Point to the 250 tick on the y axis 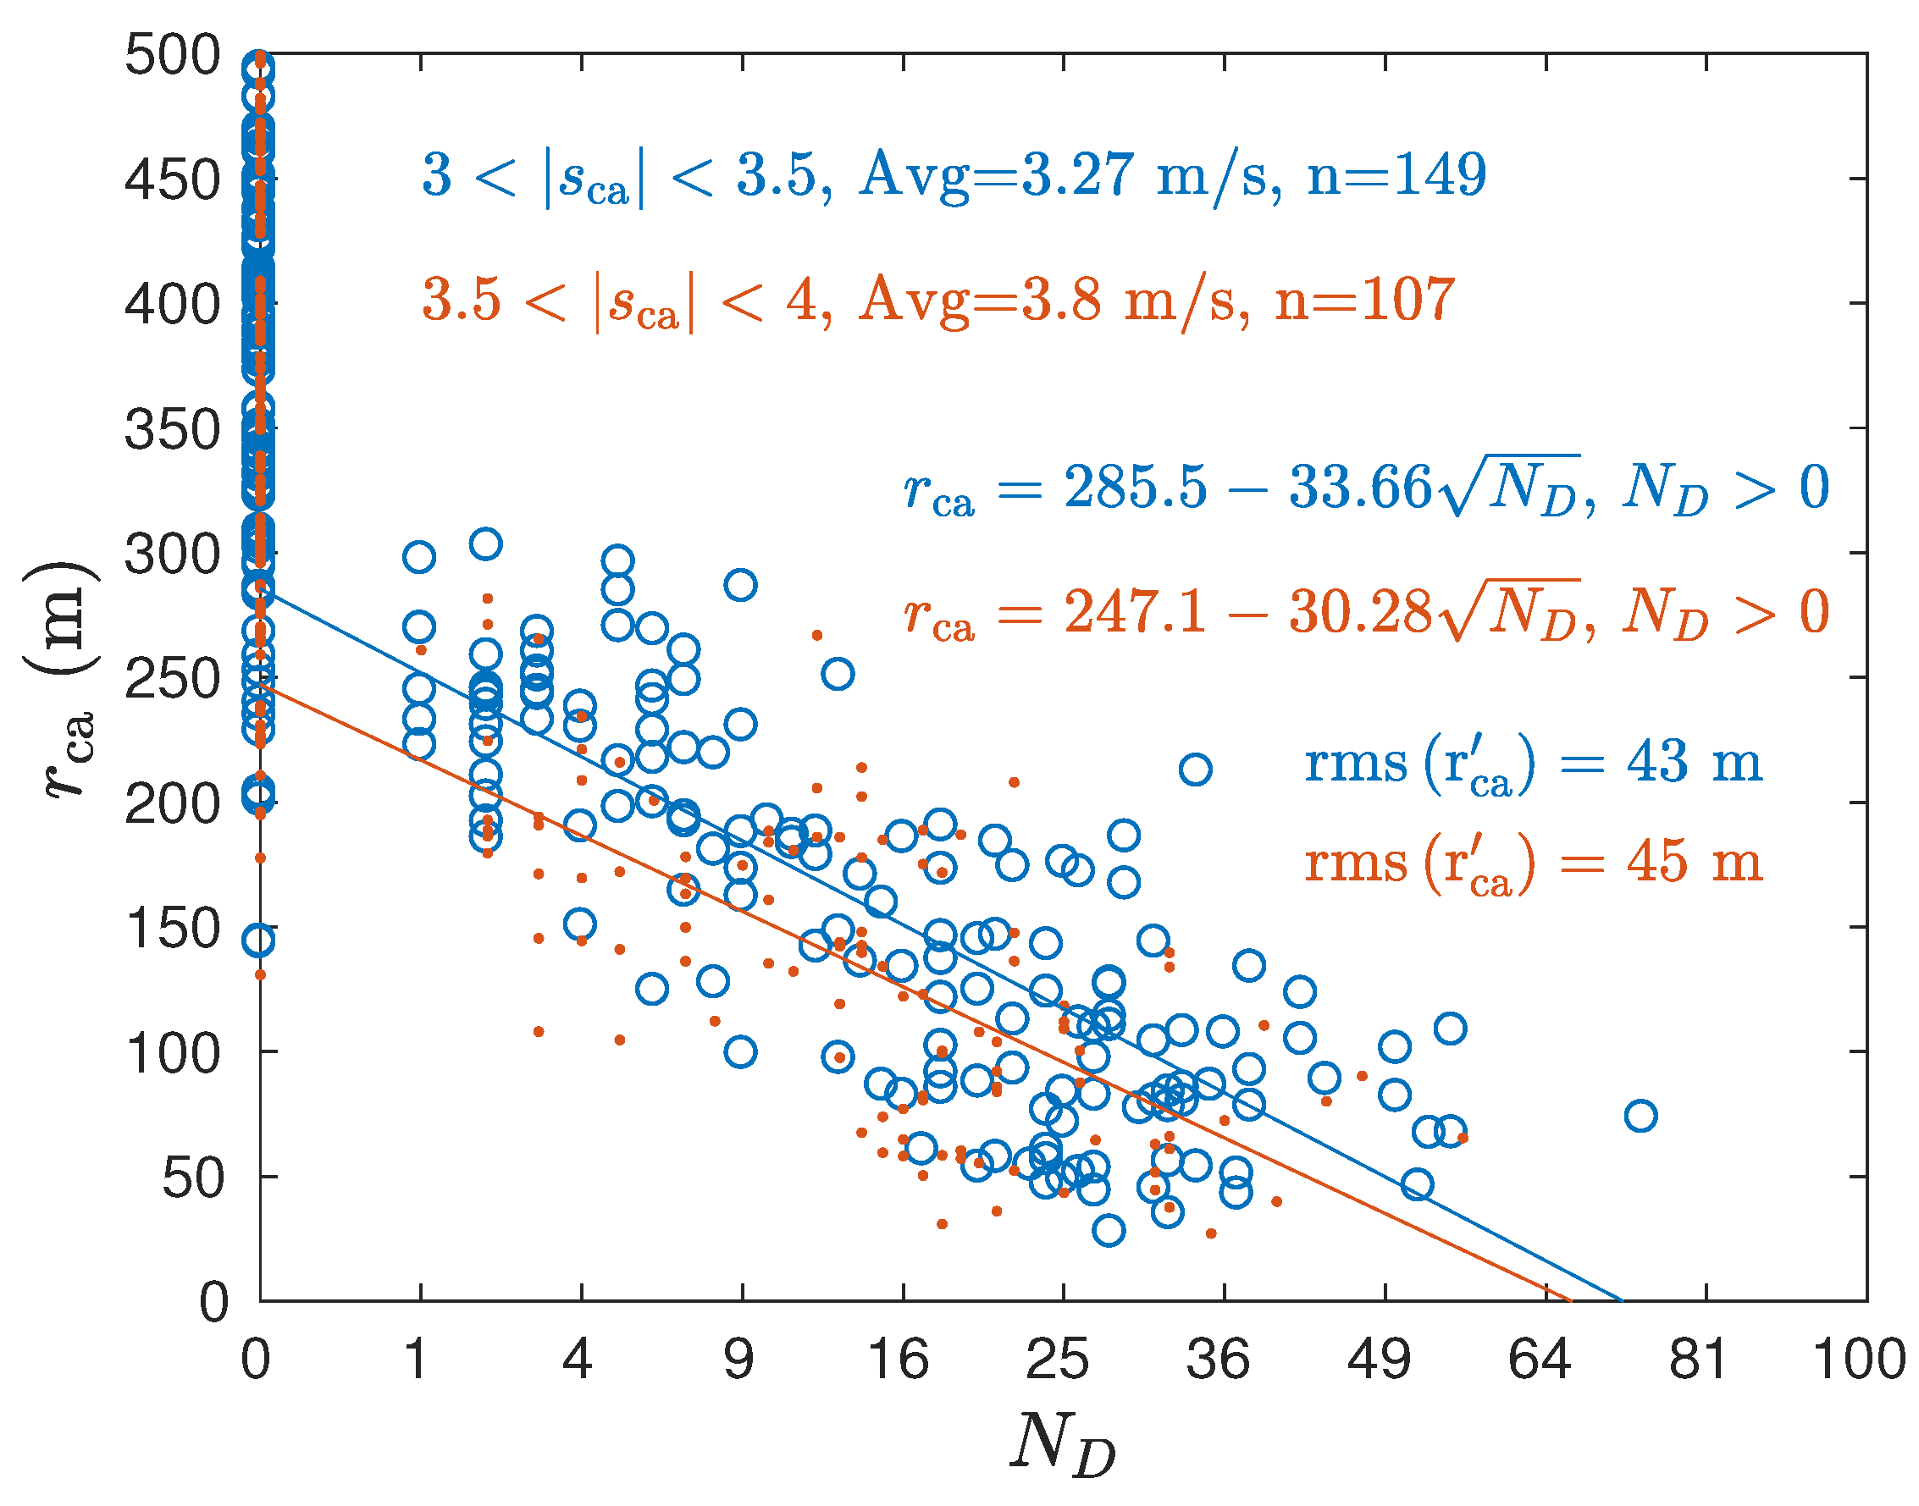(172, 680)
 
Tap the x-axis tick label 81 (1698, 1359)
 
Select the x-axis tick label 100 (1858, 1359)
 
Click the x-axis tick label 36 (1217, 1359)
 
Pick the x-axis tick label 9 (739, 1359)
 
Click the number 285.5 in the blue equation (1134, 487)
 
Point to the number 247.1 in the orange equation (1134, 611)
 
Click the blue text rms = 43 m (1532, 764)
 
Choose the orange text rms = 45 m (1532, 863)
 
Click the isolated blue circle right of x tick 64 (1640, 1117)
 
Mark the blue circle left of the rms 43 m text (1195, 770)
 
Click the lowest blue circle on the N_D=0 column (258, 941)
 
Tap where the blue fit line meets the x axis (1621, 1299)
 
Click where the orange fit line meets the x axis (1571, 1299)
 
